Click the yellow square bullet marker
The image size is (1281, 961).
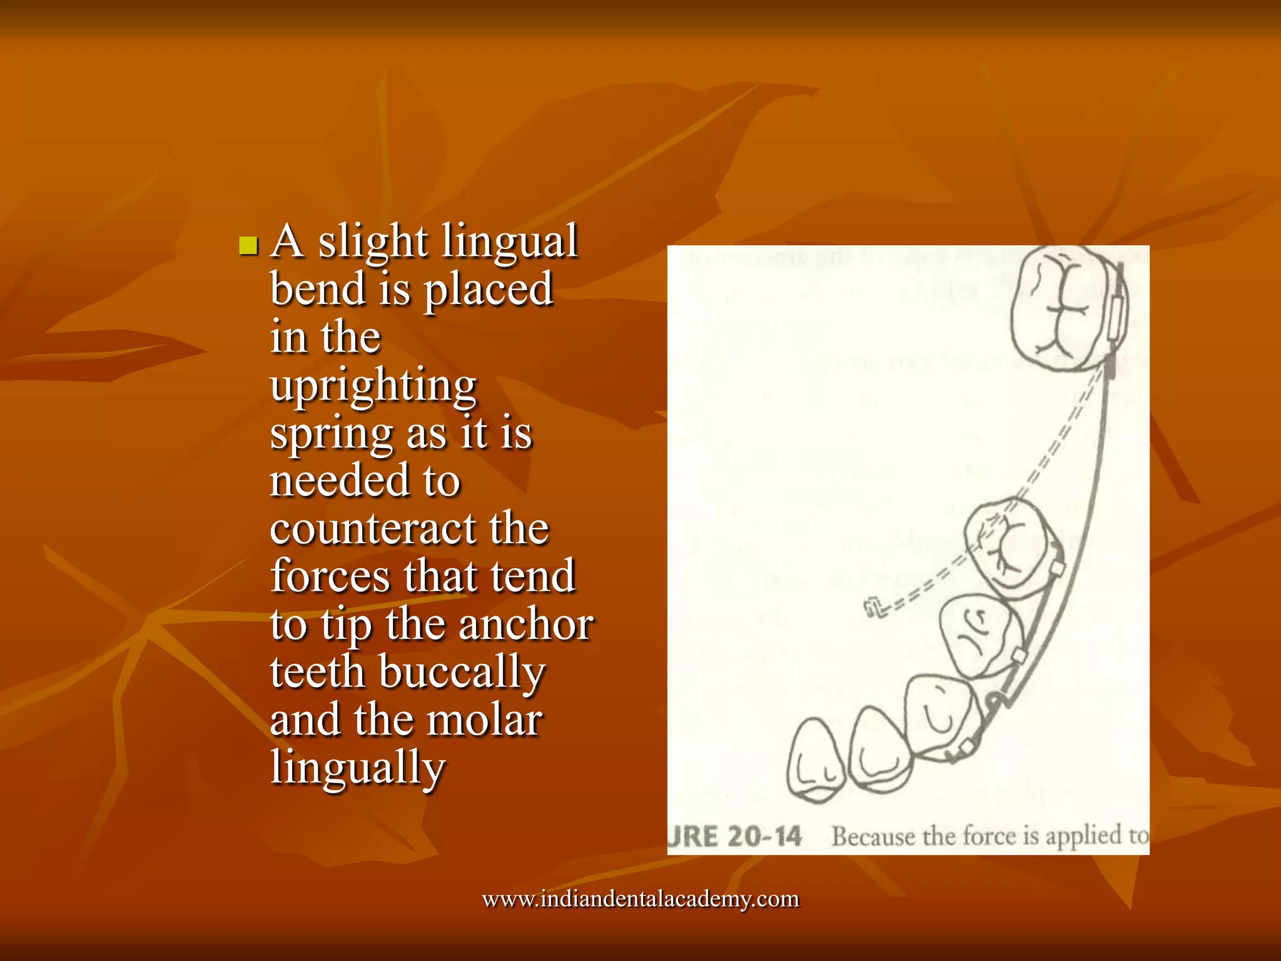pyautogui.click(x=248, y=245)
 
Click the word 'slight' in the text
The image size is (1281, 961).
pyautogui.click(x=373, y=242)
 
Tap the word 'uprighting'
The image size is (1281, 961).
pyautogui.click(x=373, y=387)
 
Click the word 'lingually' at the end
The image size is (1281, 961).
pyautogui.click(x=358, y=768)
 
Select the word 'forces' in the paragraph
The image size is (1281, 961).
pyautogui.click(x=330, y=576)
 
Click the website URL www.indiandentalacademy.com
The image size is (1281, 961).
pyautogui.click(x=640, y=899)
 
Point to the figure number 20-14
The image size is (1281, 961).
pyautogui.click(x=764, y=836)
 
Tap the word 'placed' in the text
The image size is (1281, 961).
pyautogui.click(x=488, y=290)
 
